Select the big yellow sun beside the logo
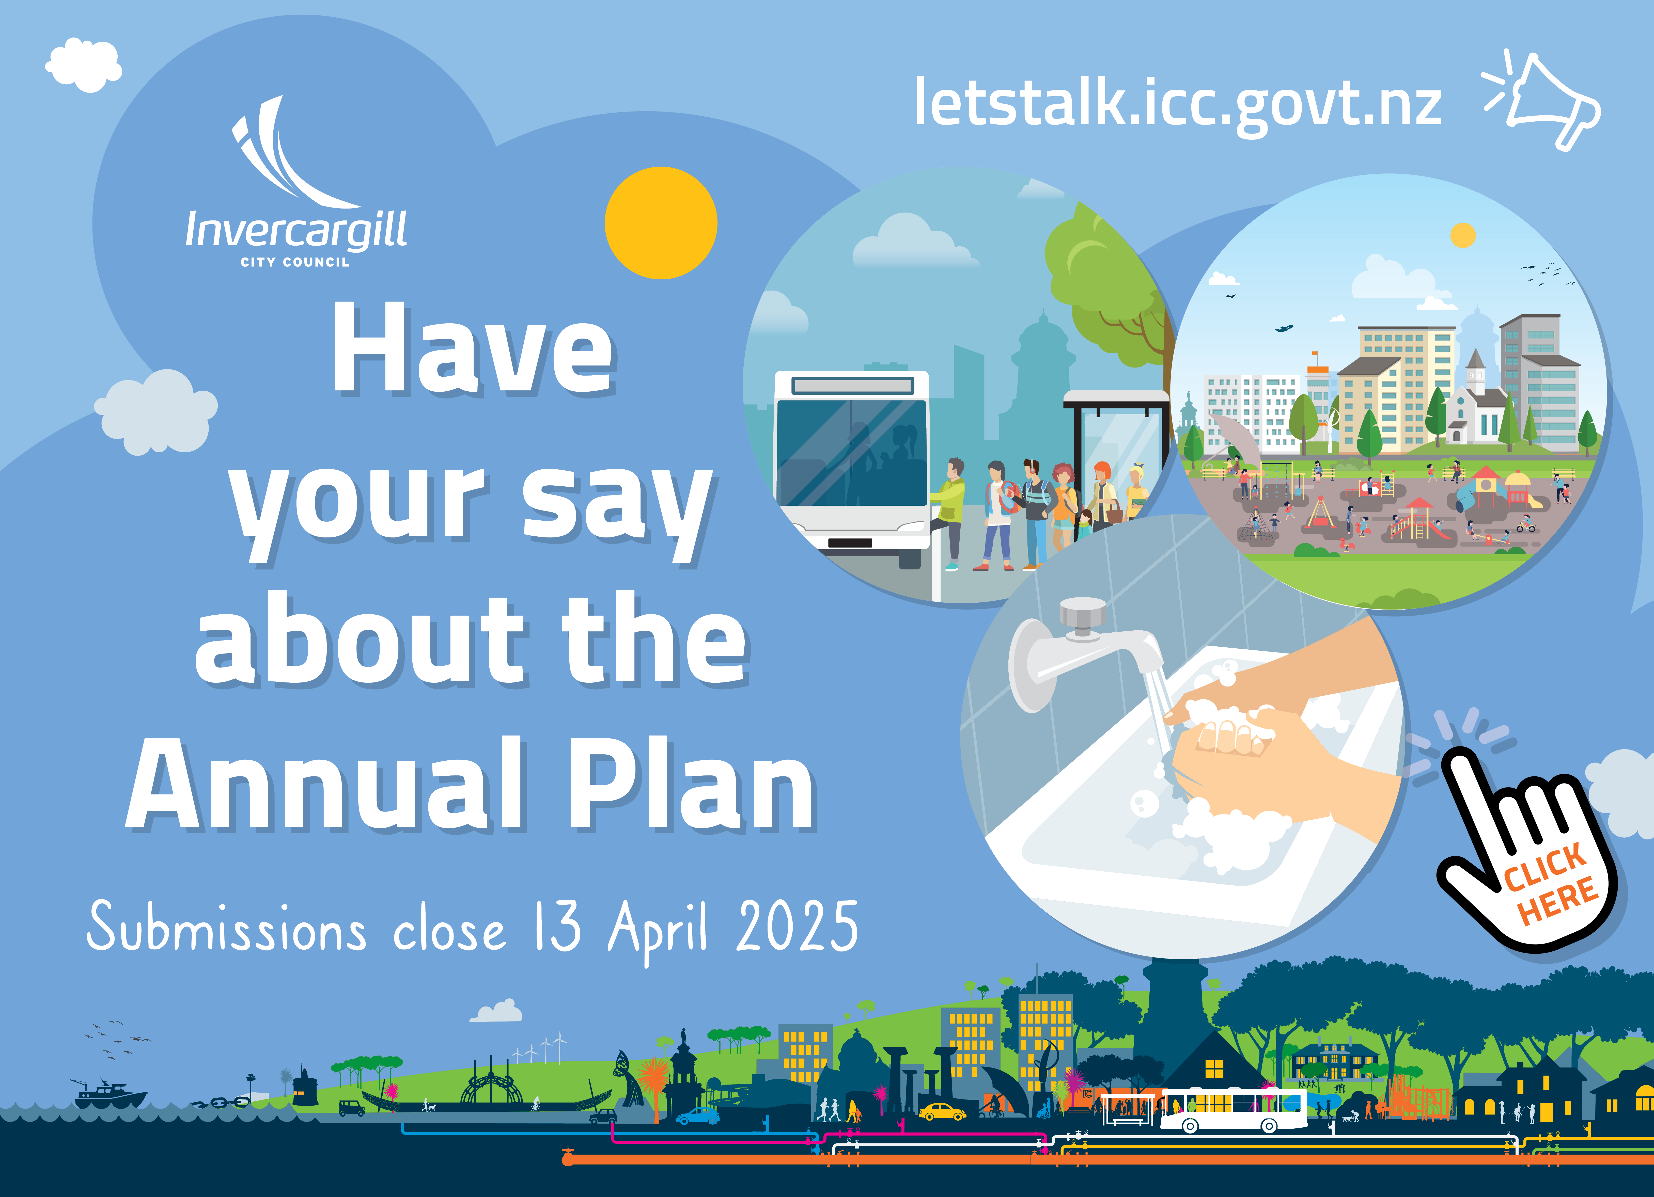pos(661,223)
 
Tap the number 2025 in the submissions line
pos(797,926)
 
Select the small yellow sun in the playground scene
pos(1463,235)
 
